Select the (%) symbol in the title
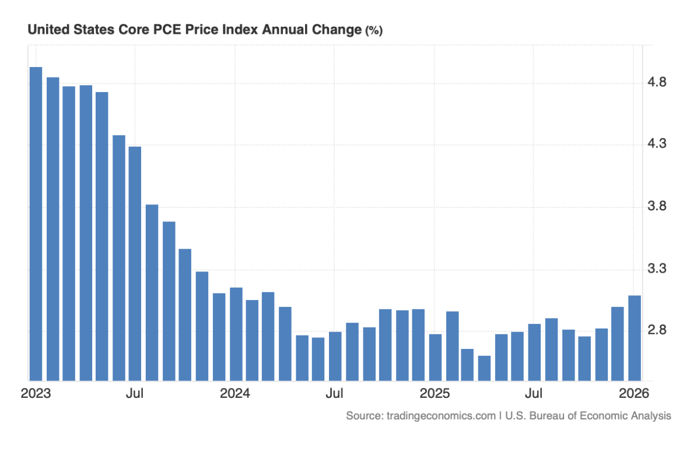click(374, 31)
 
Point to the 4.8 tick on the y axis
click(659, 82)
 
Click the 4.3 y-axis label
click(659, 144)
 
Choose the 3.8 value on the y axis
click(659, 206)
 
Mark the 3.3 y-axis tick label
click(659, 269)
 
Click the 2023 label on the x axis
click(36, 393)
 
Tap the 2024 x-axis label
click(235, 393)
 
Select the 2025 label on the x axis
click(435, 393)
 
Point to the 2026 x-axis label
click(634, 393)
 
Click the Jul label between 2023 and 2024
click(135, 393)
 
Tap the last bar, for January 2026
click(635, 338)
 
